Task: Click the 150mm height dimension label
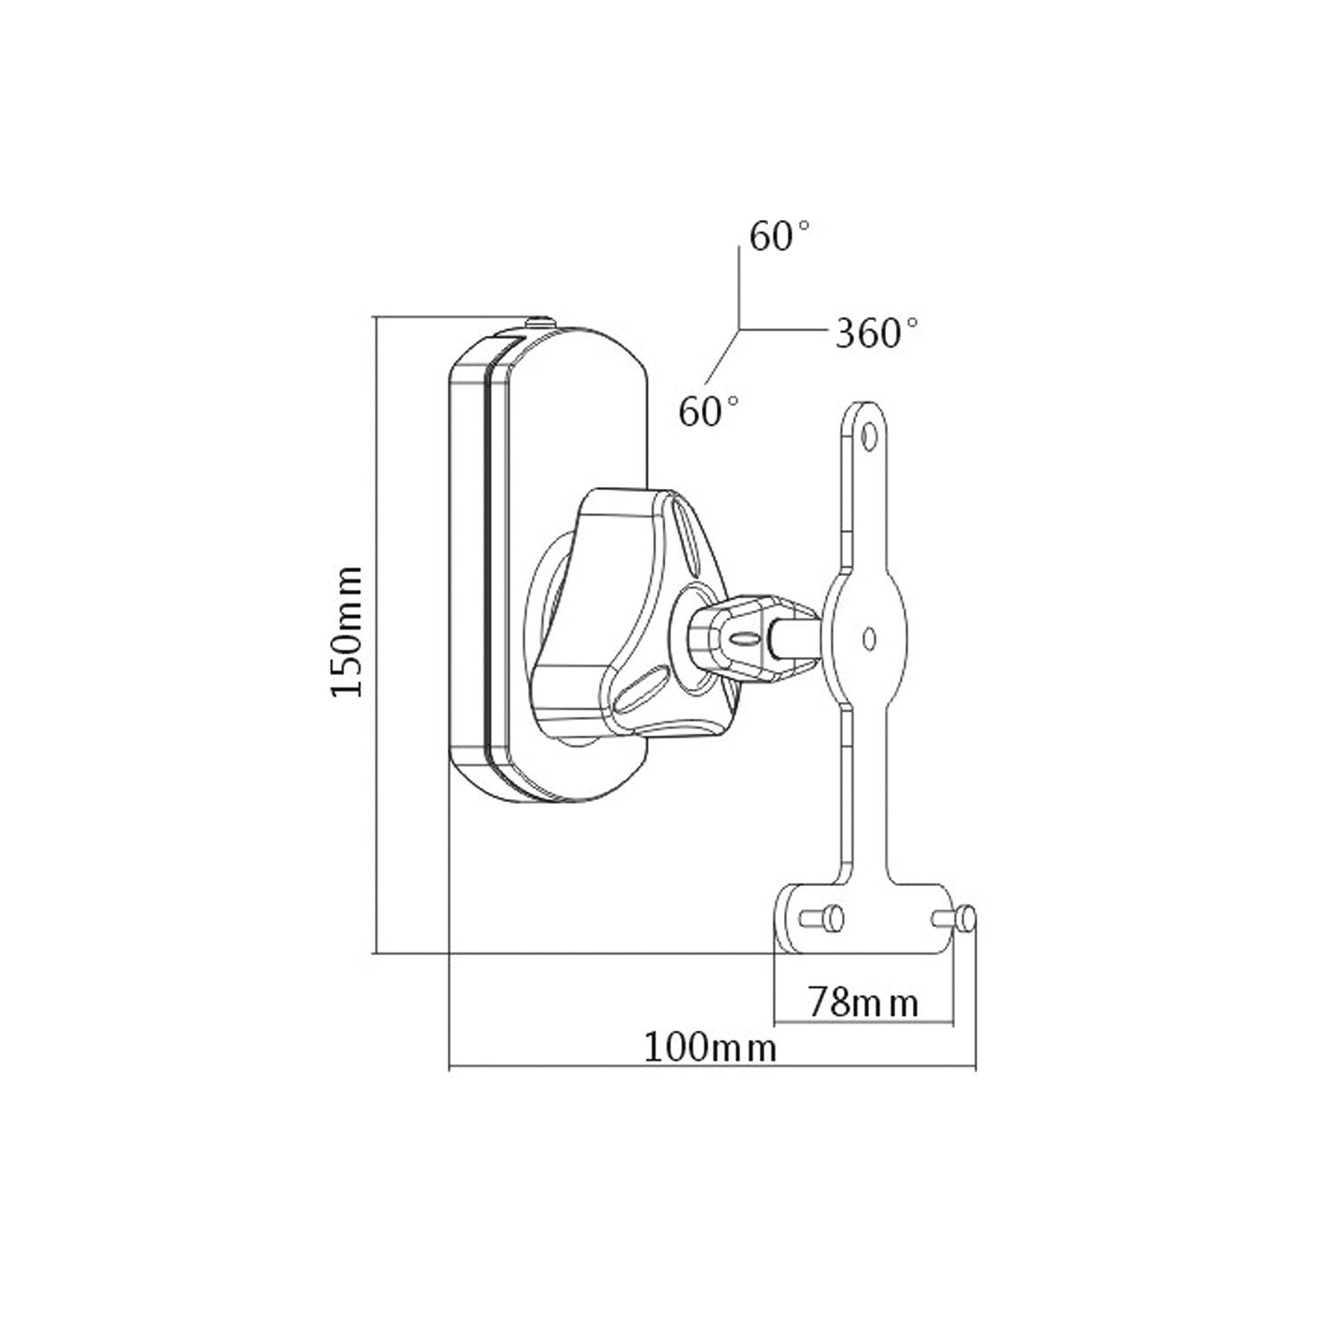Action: tap(346, 630)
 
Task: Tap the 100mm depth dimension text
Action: tap(711, 1047)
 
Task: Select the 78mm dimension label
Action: tap(864, 1002)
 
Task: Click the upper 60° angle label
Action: tap(780, 237)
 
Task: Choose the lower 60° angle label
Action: tap(709, 413)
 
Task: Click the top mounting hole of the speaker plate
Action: tap(867, 438)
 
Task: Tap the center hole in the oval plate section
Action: tap(868, 637)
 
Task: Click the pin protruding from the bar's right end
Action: tap(965, 918)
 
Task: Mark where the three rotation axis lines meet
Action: tap(738, 329)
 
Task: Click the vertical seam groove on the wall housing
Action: tap(488, 563)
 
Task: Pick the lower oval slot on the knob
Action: tap(639, 687)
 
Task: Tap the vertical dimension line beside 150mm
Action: tap(376, 635)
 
